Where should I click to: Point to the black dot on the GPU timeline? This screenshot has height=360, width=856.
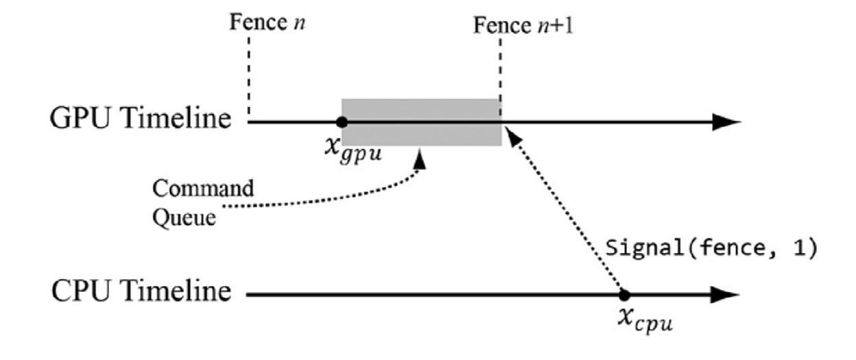point(342,123)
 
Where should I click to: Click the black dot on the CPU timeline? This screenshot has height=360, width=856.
point(623,296)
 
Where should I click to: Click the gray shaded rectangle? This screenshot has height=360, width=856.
point(421,110)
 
